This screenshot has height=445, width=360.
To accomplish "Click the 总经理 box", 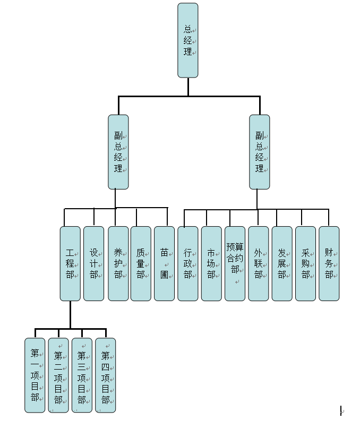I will pos(188,40).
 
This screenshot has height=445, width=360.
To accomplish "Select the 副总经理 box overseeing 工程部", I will pos(118,152).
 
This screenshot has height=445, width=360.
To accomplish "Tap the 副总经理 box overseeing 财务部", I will pos(260,152).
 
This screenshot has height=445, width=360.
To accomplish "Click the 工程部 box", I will pos(70,263).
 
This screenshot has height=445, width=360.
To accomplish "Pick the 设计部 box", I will pos(94,263).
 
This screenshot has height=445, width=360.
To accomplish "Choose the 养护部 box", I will pos(118,263).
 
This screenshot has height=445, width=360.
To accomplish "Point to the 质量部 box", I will pos(141,263).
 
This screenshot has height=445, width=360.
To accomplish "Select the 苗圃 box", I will pos(165,263).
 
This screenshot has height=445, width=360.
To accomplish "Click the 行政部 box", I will pos(188,263).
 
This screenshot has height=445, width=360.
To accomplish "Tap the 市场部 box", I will pos(211,263).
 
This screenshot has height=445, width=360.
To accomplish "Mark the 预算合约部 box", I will pos(235,263).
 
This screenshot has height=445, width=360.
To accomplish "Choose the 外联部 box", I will pos(259,263).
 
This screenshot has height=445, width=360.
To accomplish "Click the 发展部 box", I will pos(282,263).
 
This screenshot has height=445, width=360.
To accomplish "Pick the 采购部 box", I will pos(305,263).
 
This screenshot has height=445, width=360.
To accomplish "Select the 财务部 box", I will pos(329,263).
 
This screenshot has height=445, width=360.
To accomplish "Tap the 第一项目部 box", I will pos(35,375).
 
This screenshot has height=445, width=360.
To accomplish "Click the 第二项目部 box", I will pos(58,375).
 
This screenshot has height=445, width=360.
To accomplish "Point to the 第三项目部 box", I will pos(82,375).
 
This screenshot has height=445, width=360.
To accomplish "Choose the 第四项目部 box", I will pos(106,375).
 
